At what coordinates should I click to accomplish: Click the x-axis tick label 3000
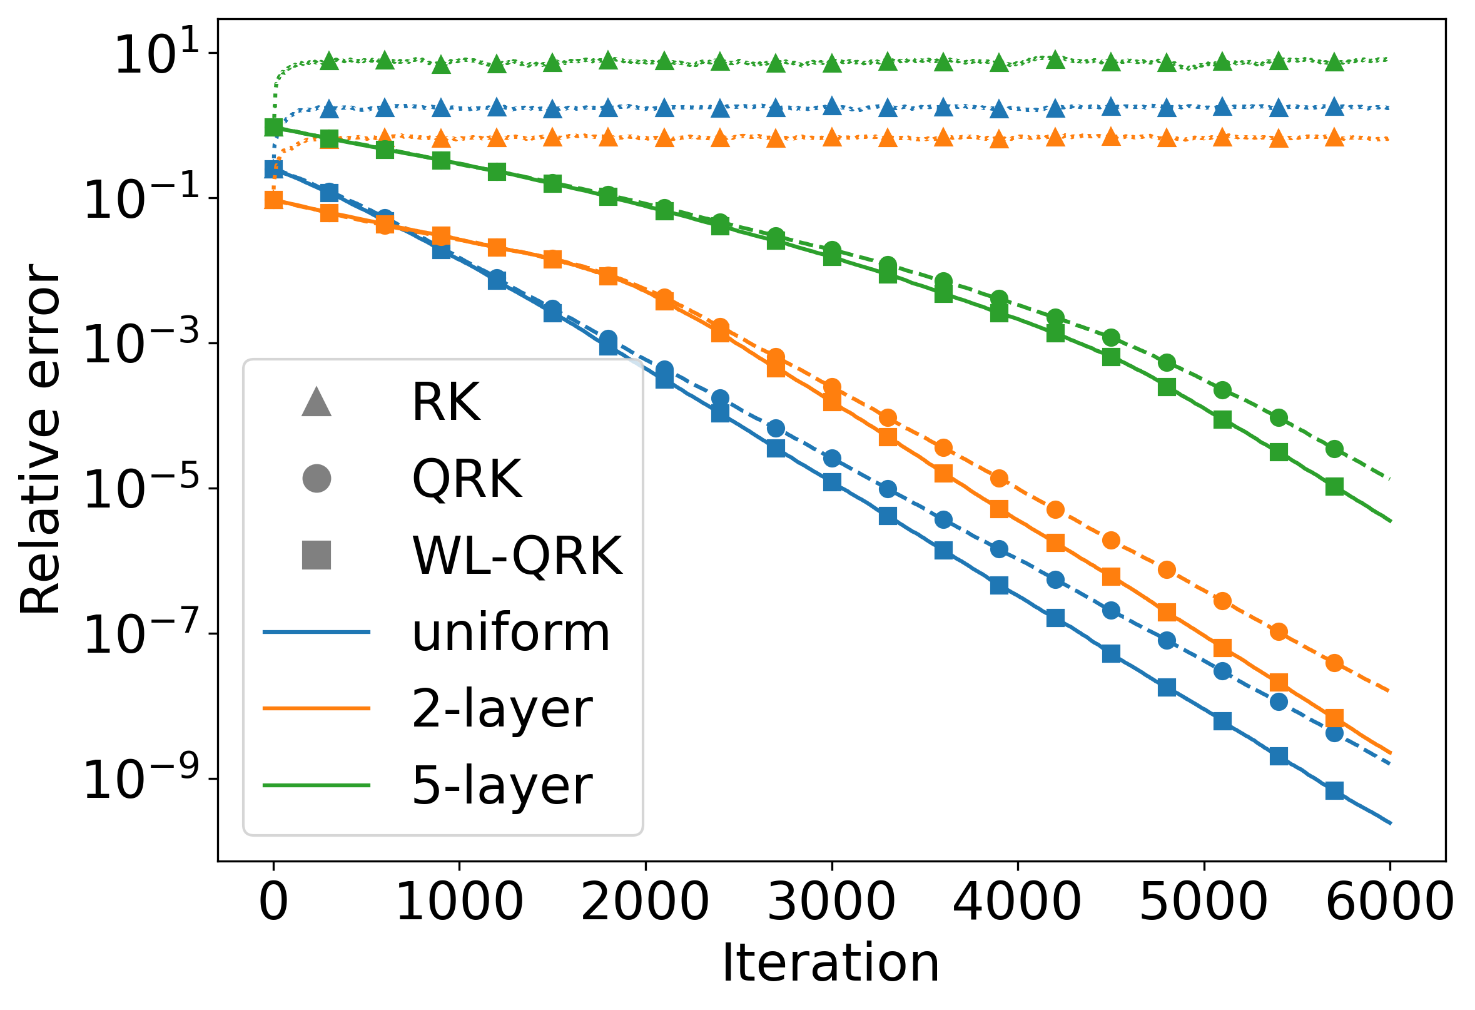pos(831,902)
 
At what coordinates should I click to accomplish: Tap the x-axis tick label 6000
pos(1389,902)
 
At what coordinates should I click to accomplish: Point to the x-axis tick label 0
pos(273,902)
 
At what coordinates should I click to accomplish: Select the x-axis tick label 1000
pos(459,902)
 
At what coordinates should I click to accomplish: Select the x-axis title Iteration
pos(831,964)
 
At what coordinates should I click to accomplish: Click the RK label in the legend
pos(446,402)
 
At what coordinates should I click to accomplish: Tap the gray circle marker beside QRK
pos(317,478)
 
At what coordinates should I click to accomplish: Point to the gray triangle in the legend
pos(317,402)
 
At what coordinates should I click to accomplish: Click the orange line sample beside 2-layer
pos(316,708)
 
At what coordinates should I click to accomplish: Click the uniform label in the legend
pos(511,633)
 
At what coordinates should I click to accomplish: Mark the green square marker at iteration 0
pos(273,128)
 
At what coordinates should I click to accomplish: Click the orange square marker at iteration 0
pos(273,200)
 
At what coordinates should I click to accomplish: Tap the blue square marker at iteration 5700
pos(1335,790)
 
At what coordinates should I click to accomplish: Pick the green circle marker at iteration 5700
pos(1335,449)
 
